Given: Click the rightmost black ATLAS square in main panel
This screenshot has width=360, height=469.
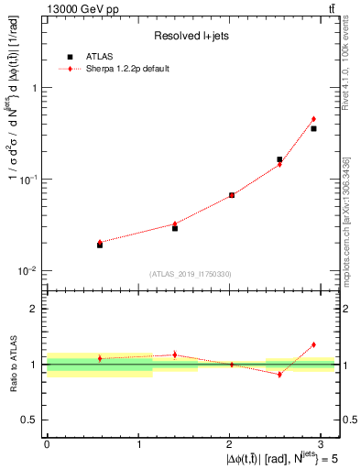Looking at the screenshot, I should (x=313, y=128).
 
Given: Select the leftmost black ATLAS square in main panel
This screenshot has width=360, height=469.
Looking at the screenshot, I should (x=100, y=245).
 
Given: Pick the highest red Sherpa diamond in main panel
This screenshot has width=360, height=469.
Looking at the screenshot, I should (x=313, y=119).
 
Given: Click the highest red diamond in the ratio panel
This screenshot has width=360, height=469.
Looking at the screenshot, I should (x=313, y=344).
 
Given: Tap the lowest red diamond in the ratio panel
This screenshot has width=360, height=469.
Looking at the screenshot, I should (x=279, y=374).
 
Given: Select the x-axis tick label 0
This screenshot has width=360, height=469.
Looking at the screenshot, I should (x=47, y=442).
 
